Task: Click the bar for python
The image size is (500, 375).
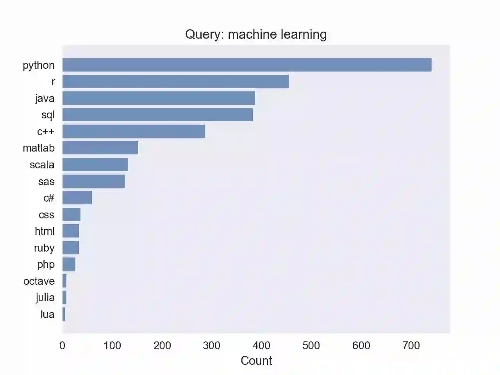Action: click(247, 65)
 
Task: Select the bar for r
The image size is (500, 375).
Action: click(176, 81)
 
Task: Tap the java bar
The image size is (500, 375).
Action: click(159, 98)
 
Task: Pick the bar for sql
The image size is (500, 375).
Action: click(157, 114)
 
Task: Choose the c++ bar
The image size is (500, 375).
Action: click(134, 131)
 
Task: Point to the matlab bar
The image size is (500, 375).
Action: click(100, 148)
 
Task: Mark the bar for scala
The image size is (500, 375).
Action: click(95, 164)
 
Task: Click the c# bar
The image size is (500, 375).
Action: click(77, 198)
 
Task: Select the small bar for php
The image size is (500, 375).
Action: click(69, 264)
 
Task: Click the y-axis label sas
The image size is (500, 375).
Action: click(46, 182)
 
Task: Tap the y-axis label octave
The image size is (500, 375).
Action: click(39, 281)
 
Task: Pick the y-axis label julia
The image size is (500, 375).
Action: click(45, 298)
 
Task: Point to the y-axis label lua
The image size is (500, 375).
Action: click(47, 314)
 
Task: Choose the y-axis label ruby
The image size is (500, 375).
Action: click(44, 248)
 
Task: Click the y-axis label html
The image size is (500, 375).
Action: click(45, 231)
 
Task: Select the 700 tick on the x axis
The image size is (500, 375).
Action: click(411, 345)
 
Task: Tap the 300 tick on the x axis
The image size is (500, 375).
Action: click(212, 345)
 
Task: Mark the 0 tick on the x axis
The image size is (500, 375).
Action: click(62, 345)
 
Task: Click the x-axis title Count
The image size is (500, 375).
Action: click(256, 361)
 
